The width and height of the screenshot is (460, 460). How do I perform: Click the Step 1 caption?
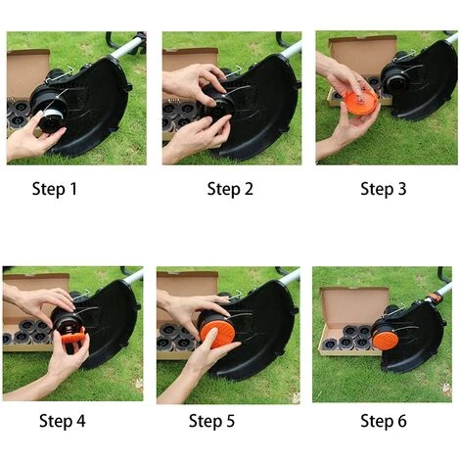55,189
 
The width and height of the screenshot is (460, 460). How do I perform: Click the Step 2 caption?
230,189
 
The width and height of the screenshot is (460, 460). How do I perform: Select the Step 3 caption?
384,189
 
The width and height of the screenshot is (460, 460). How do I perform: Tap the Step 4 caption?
62,421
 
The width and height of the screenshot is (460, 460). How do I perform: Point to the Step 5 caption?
211,421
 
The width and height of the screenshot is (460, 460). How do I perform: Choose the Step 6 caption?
384,421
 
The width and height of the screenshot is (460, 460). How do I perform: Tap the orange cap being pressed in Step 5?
217,333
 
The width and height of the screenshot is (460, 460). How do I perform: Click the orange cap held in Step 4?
73,336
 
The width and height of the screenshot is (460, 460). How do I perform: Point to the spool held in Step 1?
52,120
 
